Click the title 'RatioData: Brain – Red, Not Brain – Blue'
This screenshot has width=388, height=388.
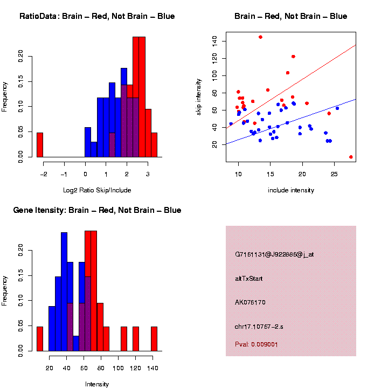[x=97, y=16]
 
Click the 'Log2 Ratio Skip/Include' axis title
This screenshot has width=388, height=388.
[x=97, y=190]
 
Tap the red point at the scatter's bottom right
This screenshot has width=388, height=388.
[x=351, y=157]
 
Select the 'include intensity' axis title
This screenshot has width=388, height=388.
[x=291, y=190]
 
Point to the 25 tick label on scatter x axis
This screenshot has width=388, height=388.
[x=334, y=175]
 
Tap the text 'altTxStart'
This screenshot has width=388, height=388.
[x=249, y=279]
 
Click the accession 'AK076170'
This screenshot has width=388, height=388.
[x=250, y=302]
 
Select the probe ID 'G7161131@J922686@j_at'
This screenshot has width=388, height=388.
[x=274, y=254]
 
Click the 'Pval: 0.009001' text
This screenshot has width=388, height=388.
[x=257, y=344]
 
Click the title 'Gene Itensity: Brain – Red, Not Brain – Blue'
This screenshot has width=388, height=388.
[x=97, y=210]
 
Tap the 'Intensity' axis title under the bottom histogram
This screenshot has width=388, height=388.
[x=97, y=384]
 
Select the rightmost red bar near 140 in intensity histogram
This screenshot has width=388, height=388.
[x=154, y=338]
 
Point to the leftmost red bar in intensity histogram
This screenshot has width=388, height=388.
[x=40, y=338]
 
